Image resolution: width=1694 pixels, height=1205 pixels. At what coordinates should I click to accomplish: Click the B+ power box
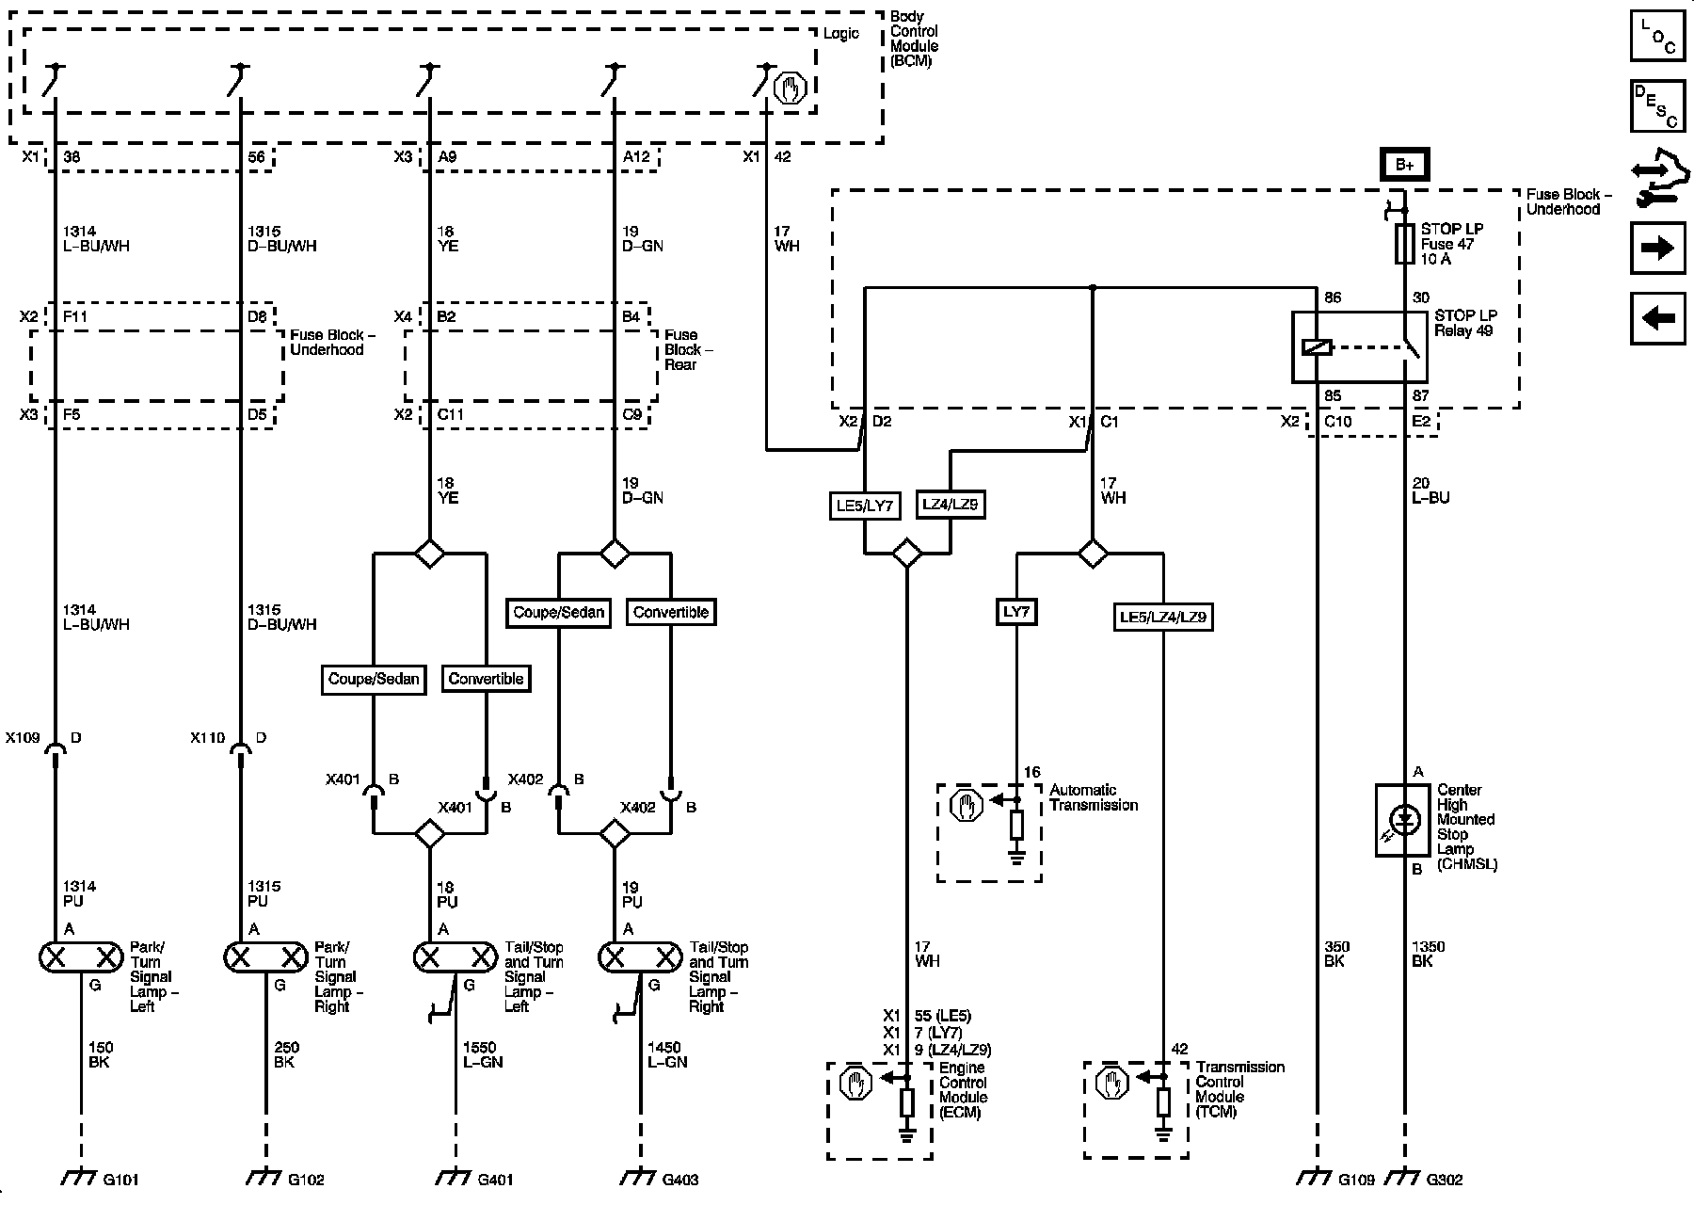coord(1404,165)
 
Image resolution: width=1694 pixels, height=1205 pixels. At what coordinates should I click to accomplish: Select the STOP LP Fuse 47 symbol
coord(1404,244)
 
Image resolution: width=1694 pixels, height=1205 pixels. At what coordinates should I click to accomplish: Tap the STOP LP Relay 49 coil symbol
coord(1317,347)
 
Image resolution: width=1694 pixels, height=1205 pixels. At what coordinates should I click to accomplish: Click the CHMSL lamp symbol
coord(1404,819)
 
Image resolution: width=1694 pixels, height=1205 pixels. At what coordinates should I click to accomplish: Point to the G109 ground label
coord(1356,1179)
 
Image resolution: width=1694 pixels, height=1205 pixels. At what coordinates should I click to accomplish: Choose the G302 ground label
coord(1445,1179)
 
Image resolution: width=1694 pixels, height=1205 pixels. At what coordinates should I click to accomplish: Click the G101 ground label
coord(120,1179)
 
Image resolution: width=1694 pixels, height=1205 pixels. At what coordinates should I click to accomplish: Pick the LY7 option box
coord(1016,612)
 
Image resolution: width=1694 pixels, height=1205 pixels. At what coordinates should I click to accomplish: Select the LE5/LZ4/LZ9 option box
coord(1162,618)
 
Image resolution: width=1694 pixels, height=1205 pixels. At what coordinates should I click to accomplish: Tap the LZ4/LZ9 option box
coord(950,505)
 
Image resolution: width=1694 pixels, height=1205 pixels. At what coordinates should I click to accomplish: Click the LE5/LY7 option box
coord(864,506)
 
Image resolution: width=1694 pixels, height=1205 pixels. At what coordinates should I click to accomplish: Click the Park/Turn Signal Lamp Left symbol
coord(82,957)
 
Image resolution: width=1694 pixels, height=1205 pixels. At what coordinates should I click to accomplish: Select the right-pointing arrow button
coord(1657,249)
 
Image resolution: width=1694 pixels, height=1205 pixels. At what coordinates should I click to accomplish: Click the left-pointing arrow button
coord(1657,318)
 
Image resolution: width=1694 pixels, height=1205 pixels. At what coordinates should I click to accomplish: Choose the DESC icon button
coord(1657,106)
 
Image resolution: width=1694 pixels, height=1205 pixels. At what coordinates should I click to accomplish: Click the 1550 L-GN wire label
coord(482,1054)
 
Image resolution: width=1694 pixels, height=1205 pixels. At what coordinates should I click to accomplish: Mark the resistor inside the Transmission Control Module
coord(1163,1102)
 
